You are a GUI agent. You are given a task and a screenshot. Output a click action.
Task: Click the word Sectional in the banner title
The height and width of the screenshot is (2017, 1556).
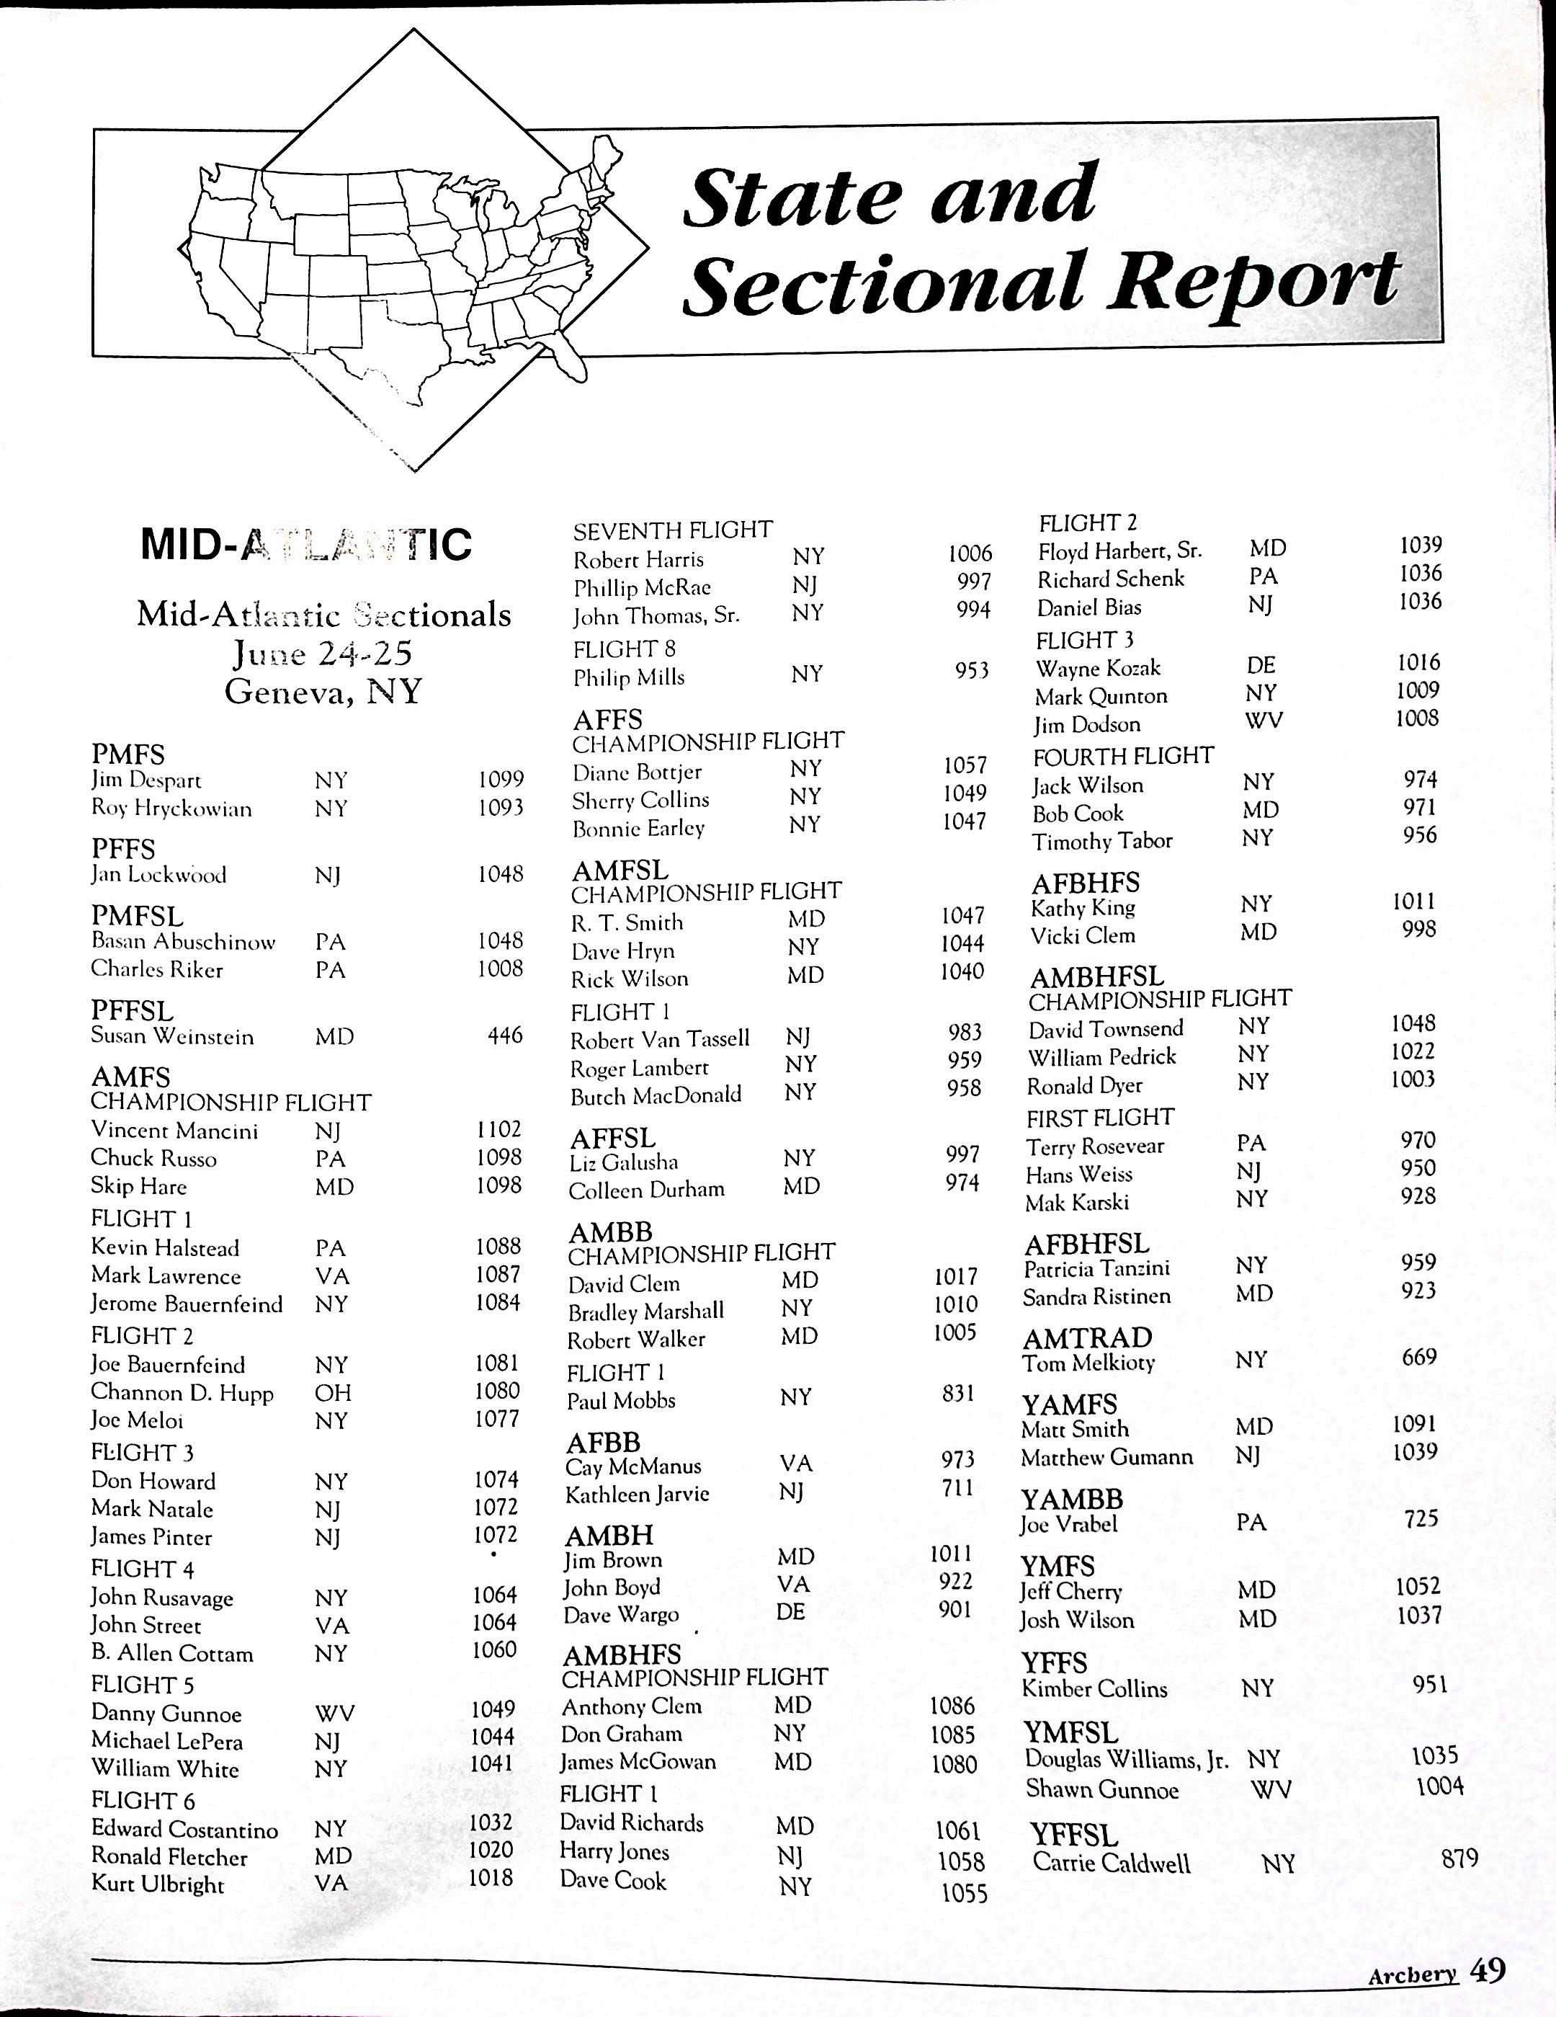pyautogui.click(x=881, y=282)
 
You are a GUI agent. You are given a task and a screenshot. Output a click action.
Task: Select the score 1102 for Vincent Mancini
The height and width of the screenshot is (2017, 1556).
pyautogui.click(x=500, y=1129)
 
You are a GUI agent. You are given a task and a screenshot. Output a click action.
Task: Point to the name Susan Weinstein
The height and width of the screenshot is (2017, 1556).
pyautogui.click(x=171, y=1036)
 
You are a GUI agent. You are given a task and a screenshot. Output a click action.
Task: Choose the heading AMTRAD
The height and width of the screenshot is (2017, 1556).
pyautogui.click(x=1087, y=1337)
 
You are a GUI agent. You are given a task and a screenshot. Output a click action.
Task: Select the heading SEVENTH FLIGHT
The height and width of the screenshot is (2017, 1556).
pyautogui.click(x=672, y=530)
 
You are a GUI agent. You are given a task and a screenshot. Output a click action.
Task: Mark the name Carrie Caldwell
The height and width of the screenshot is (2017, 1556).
pyautogui.click(x=1111, y=1862)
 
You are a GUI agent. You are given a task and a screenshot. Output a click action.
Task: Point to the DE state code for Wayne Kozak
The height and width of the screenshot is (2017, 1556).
pyautogui.click(x=1261, y=665)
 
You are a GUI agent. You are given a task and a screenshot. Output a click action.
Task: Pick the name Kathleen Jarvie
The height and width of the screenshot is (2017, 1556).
pyautogui.click(x=638, y=1493)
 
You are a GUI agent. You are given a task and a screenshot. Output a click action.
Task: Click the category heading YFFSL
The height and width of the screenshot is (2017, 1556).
pyautogui.click(x=1073, y=1834)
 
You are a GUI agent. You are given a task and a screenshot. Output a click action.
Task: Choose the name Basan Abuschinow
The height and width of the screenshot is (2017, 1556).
pyautogui.click(x=183, y=942)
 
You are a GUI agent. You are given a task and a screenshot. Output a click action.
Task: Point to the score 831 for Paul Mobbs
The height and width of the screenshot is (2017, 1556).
pyautogui.click(x=957, y=1393)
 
